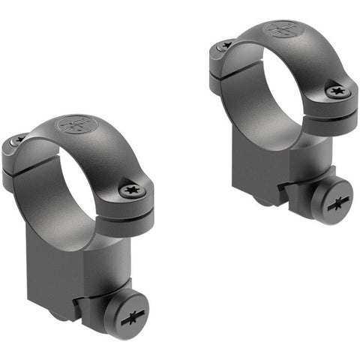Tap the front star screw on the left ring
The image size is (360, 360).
pos(132,190)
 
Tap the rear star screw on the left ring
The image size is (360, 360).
pos(16,140)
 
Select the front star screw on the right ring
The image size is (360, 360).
pos(337,91)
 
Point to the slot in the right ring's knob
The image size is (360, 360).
pos(334,203)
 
